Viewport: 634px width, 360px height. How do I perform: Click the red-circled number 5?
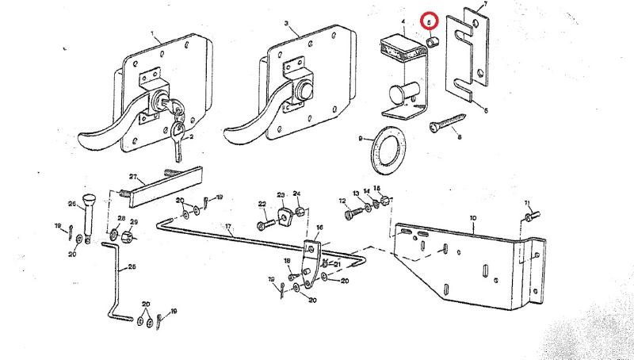[x=430, y=23]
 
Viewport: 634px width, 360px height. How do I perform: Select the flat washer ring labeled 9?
[x=388, y=148]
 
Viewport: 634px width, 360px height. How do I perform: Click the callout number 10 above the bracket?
[x=473, y=216]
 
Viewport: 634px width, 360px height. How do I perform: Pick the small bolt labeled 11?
[x=532, y=213]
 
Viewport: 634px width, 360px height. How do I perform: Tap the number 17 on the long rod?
[x=228, y=227]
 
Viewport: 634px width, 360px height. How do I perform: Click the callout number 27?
[x=132, y=177]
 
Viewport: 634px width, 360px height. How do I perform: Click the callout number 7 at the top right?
[x=486, y=6]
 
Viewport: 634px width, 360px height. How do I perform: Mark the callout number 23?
[x=280, y=195]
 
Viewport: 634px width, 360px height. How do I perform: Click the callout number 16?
[x=320, y=228]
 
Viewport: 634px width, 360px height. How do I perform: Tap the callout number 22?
[x=262, y=205]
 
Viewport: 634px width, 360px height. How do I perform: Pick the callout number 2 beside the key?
[x=191, y=137]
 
